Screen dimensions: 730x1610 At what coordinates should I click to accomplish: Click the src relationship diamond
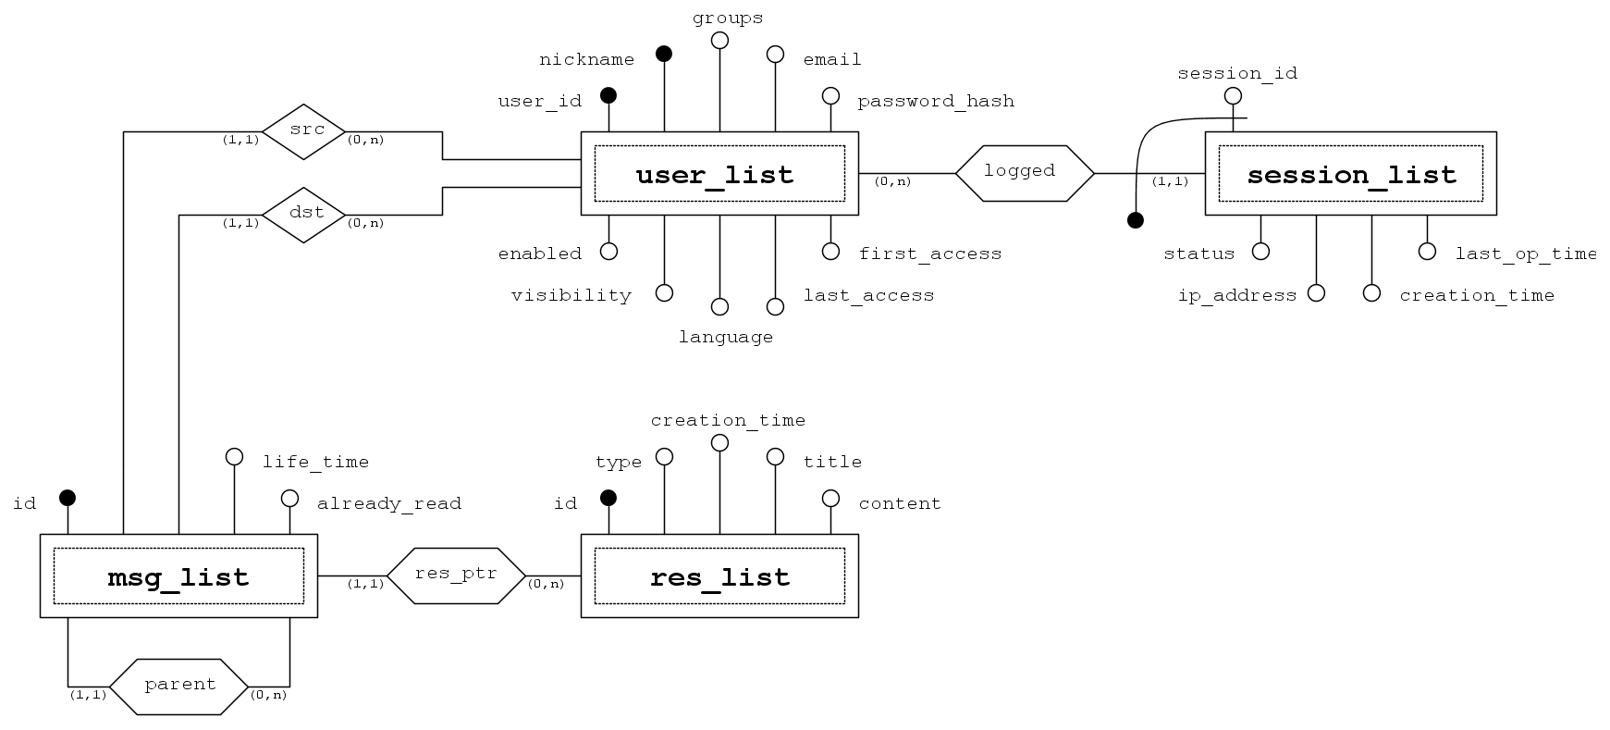304,131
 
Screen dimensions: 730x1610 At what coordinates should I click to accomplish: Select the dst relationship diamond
304,215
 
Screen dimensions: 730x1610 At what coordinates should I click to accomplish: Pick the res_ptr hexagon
456,575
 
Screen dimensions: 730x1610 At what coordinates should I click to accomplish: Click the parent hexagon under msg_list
179,687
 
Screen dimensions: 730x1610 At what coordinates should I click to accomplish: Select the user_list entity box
719,174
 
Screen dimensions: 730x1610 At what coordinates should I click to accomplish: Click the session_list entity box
1350,174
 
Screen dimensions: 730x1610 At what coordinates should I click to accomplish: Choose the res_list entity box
719,576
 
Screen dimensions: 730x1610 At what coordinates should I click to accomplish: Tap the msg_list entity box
178,576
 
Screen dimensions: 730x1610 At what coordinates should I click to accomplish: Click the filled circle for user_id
608,95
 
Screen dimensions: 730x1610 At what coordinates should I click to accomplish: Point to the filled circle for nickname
664,54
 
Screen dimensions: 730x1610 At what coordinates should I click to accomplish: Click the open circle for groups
719,40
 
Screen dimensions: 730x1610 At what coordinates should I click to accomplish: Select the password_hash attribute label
935,101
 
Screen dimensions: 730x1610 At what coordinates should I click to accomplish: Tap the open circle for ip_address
1316,292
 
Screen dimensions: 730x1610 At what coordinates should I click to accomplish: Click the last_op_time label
1525,254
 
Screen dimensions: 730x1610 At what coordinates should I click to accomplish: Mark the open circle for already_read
289,499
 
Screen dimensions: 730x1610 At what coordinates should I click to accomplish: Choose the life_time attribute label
315,462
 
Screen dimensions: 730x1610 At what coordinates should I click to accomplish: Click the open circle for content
830,499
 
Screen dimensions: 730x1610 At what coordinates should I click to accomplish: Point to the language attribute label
726,337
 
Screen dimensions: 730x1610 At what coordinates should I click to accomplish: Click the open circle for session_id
1233,95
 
